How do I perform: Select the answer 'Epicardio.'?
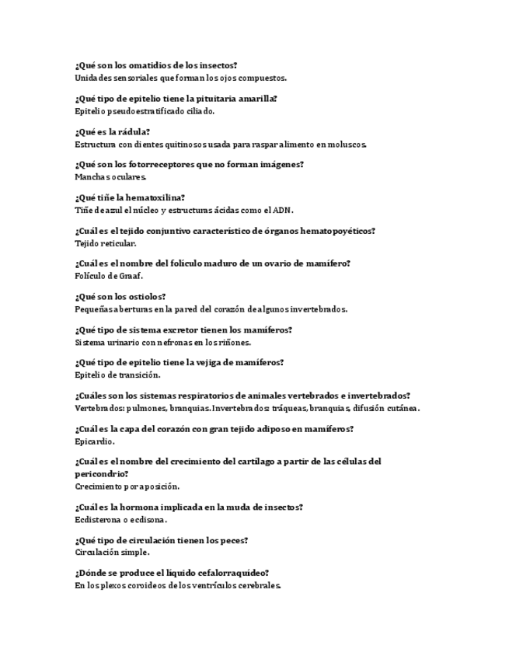click(95, 441)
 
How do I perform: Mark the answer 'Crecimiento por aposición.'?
click(127, 486)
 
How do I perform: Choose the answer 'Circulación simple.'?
click(112, 553)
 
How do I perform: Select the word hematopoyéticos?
click(335, 231)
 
